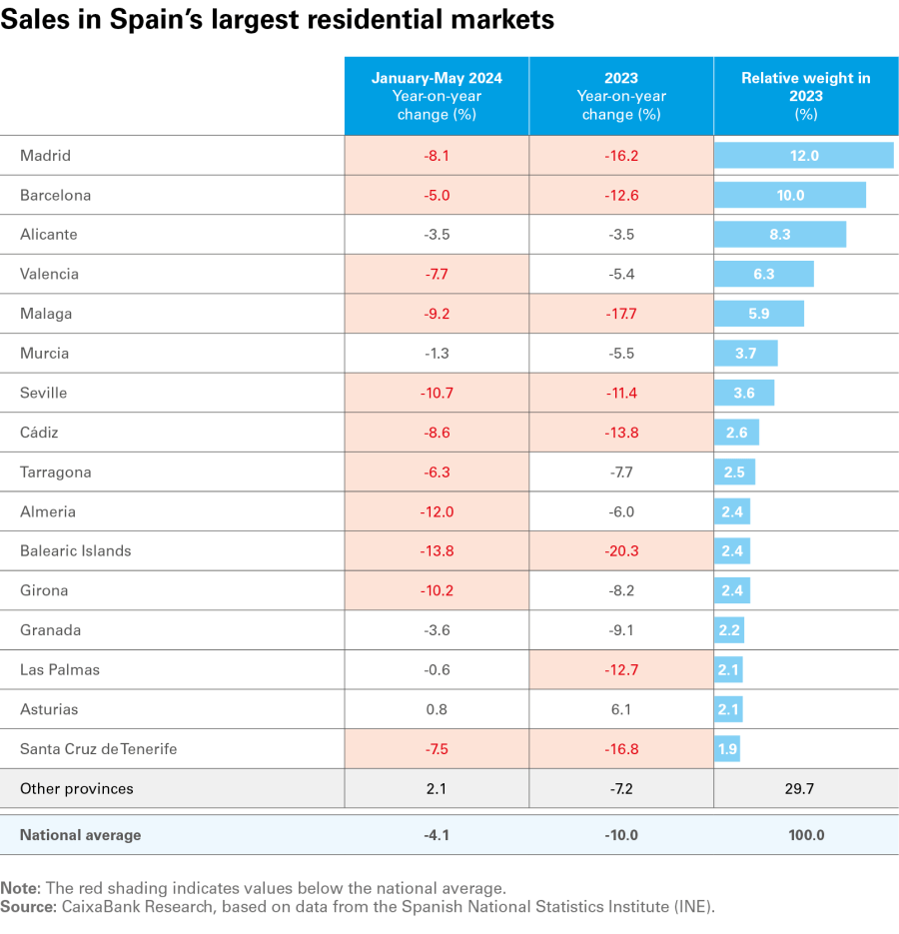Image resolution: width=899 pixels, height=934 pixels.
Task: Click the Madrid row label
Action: click(46, 156)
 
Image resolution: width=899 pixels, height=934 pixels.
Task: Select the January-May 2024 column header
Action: click(437, 96)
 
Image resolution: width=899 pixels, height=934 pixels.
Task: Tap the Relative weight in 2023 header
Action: click(805, 96)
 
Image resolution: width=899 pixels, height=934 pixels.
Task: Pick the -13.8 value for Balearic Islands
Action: click(437, 551)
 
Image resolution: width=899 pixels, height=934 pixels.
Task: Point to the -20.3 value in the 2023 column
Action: click(620, 551)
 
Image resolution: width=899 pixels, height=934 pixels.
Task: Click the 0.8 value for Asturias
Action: click(437, 709)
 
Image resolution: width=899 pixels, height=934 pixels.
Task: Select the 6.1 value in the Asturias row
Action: click(620, 709)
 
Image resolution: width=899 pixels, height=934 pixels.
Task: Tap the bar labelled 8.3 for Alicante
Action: click(780, 235)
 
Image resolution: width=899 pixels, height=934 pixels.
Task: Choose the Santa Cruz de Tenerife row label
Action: click(99, 749)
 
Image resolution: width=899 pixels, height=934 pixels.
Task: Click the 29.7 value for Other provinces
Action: click(805, 789)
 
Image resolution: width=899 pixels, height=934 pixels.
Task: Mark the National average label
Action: click(81, 835)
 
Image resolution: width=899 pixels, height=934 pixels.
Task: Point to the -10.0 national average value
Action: click(620, 835)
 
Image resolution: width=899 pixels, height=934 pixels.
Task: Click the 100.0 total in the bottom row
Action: click(805, 835)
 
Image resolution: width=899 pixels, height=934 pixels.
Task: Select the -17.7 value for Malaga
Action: click(620, 314)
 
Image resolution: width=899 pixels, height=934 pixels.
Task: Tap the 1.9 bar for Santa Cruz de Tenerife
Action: click(727, 749)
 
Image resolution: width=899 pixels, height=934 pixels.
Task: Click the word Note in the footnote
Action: click(18, 888)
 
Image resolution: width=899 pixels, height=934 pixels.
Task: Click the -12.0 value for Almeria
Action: click(437, 511)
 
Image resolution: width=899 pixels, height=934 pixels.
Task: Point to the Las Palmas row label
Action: click(60, 670)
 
